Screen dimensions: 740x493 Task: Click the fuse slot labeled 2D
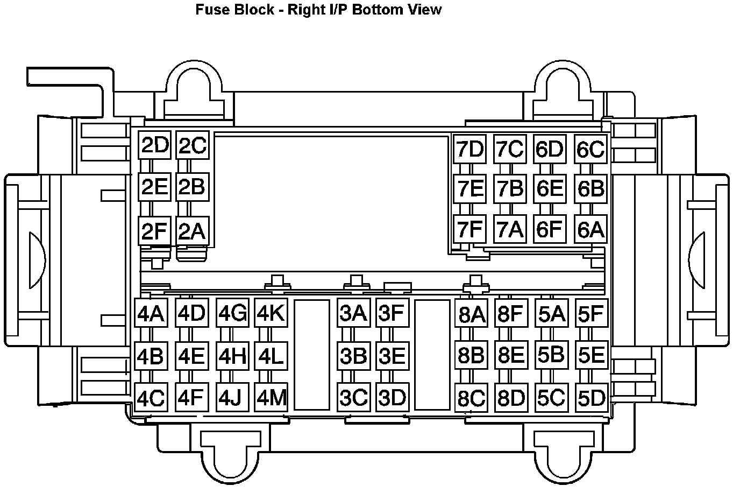pyautogui.click(x=154, y=145)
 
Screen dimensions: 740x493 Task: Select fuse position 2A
pyautogui.click(x=192, y=231)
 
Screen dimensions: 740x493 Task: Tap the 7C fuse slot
pyautogui.click(x=509, y=149)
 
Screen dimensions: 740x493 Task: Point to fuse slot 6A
pyautogui.click(x=590, y=229)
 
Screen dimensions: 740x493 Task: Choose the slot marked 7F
pyautogui.click(x=469, y=229)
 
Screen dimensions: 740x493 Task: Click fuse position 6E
pyautogui.click(x=549, y=188)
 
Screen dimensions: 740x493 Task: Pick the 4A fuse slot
pyautogui.click(x=151, y=313)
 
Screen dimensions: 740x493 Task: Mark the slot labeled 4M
pyautogui.click(x=271, y=398)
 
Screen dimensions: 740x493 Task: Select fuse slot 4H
pyautogui.click(x=232, y=356)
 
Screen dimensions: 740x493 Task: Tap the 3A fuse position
pyautogui.click(x=353, y=313)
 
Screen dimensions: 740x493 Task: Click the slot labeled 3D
pyautogui.click(x=392, y=398)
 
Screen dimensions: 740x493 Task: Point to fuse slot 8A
pyautogui.click(x=471, y=314)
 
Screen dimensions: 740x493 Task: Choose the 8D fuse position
pyautogui.click(x=510, y=399)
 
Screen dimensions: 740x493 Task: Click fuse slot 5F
pyautogui.click(x=591, y=313)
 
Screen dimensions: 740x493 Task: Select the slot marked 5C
pyautogui.click(x=551, y=398)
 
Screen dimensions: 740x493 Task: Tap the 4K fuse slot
pyautogui.click(x=271, y=313)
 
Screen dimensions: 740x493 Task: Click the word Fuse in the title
pyautogui.click(x=211, y=10)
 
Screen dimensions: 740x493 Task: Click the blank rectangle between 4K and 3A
pyautogui.click(x=312, y=355)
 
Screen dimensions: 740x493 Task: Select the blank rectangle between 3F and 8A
pyautogui.click(x=432, y=355)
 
